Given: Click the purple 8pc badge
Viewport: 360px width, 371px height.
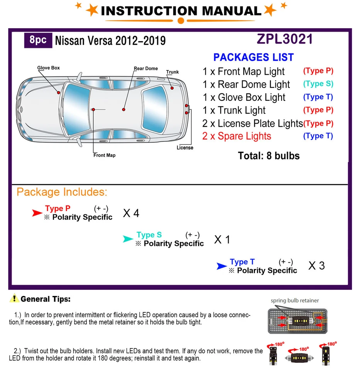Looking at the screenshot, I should (x=38, y=41).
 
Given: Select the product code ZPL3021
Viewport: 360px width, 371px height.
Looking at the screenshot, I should (x=284, y=39).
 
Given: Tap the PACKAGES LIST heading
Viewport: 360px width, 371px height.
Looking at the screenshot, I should (x=253, y=57).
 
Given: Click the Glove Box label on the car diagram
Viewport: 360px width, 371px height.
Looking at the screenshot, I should (x=48, y=68).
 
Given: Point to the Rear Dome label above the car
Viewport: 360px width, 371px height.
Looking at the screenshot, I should (x=146, y=68).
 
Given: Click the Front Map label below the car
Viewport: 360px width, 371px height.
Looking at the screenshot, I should (x=104, y=155).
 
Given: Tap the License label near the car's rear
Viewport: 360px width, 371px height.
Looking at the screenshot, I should (x=185, y=148).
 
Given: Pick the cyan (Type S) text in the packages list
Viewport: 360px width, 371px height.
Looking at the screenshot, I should (x=318, y=84).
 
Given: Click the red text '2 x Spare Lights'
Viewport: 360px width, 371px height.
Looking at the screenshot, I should (x=236, y=136).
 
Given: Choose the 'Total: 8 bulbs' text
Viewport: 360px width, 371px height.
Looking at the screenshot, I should (x=269, y=156).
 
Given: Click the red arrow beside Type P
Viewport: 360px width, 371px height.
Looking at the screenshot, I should (x=37, y=213).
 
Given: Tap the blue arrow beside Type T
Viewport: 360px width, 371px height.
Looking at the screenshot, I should (x=221, y=266).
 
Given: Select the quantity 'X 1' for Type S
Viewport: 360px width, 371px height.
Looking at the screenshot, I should (x=222, y=240).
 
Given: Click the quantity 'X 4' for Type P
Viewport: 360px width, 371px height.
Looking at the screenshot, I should (x=131, y=213).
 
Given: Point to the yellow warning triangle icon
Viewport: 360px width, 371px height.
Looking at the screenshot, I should (x=15, y=298).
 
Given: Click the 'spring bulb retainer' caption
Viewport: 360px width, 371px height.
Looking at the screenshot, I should (x=295, y=300).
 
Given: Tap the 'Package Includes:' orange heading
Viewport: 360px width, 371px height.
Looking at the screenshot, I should (x=62, y=192).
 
